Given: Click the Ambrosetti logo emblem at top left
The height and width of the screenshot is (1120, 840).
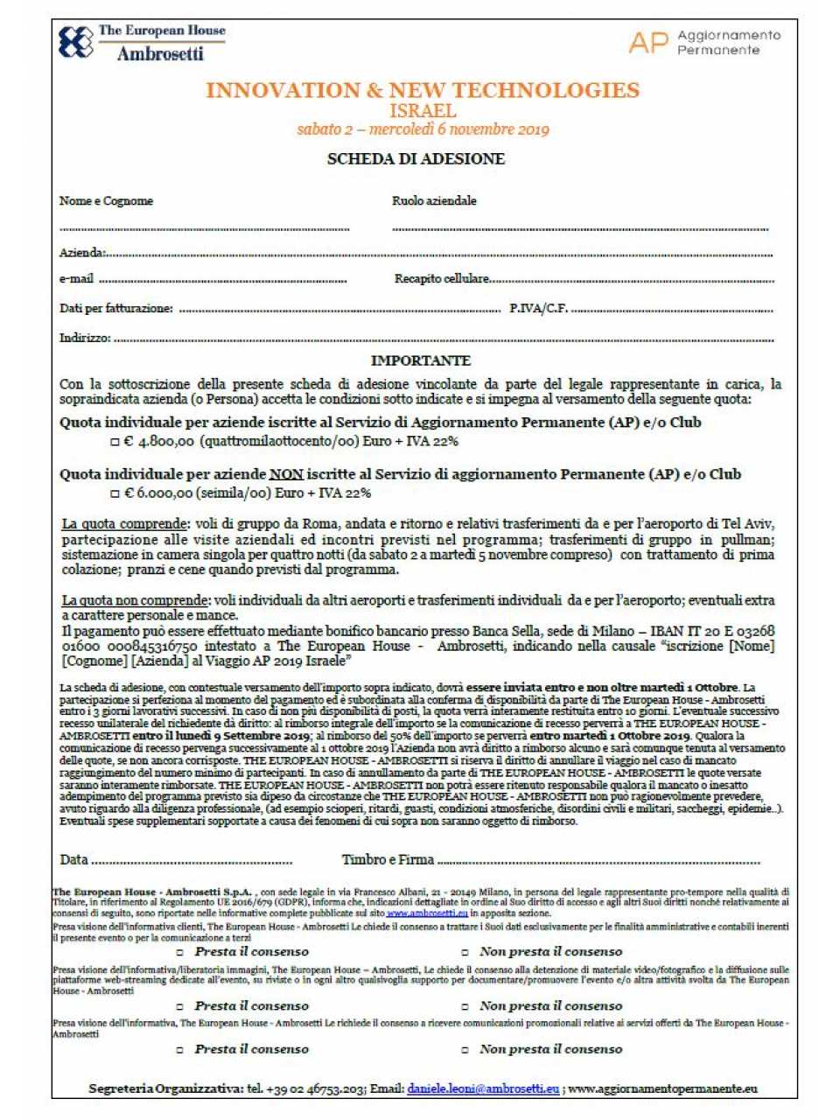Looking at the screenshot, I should [75, 42].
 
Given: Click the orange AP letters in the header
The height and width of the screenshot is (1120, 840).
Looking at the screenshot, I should [648, 42].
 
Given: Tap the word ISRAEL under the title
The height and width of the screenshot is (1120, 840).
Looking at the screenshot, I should [423, 111].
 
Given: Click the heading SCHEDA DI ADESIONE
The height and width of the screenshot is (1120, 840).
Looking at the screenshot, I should [416, 159].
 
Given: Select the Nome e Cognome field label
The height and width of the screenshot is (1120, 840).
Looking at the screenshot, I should [106, 201].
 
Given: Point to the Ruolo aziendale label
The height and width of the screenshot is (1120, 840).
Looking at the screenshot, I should [434, 201].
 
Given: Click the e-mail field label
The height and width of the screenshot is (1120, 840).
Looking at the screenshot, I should [76, 279].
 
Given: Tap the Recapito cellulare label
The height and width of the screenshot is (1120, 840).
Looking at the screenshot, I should [441, 279].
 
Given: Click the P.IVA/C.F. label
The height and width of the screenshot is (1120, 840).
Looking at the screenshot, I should [538, 308].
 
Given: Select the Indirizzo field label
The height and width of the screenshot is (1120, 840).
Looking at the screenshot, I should [85, 338].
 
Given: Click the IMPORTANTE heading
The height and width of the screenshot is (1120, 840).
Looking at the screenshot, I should [421, 360].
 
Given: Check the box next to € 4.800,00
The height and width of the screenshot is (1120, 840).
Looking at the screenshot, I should [115, 442].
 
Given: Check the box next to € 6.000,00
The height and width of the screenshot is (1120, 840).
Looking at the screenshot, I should [115, 493].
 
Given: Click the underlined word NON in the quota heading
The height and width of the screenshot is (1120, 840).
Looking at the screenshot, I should [285, 474].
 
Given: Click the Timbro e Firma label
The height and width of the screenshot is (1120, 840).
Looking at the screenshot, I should [388, 859].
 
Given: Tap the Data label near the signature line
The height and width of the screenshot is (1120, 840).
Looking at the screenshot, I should [73, 859].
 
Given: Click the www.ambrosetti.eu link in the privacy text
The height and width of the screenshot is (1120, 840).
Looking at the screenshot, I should [427, 913].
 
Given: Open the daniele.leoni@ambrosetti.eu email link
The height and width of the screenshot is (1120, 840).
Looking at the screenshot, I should [483, 1089].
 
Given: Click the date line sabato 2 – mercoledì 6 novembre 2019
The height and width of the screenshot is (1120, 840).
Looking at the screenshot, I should [423, 129].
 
